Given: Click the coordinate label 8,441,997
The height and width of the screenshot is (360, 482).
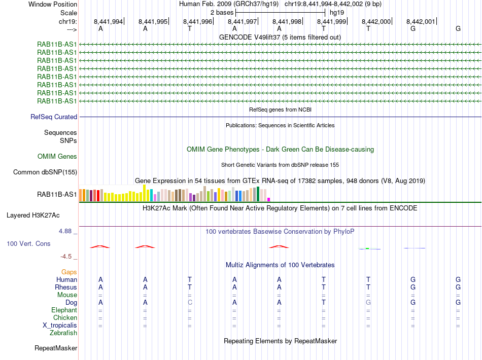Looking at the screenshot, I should point(242,21).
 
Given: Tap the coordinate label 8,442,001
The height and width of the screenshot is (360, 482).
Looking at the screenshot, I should point(421,21).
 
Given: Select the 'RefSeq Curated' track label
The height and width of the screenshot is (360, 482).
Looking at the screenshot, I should point(54,117).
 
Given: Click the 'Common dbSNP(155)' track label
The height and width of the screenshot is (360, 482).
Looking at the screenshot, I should point(45,172).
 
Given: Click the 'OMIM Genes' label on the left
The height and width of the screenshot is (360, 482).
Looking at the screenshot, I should point(57,157).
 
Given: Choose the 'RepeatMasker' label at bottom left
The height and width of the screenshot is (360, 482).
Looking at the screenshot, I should point(56,348).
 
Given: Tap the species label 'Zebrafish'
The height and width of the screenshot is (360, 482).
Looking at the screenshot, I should point(63,333).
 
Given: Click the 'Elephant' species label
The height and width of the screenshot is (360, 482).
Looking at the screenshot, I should point(64,310).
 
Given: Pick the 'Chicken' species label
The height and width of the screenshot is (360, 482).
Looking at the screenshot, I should point(65,318).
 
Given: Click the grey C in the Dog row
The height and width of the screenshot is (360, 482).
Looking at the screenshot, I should point(190,303).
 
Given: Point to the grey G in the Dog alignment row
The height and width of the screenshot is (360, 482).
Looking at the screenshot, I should point(368,303).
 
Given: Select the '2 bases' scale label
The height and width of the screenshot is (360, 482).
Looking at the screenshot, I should point(222,12).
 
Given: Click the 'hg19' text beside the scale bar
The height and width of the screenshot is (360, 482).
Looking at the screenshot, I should point(336,12).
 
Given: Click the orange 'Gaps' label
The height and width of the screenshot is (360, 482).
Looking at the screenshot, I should point(69,272).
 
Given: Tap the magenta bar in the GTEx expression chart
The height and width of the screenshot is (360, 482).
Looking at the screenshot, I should point(268,199).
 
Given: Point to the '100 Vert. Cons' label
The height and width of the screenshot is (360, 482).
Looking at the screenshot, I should point(28,244).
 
